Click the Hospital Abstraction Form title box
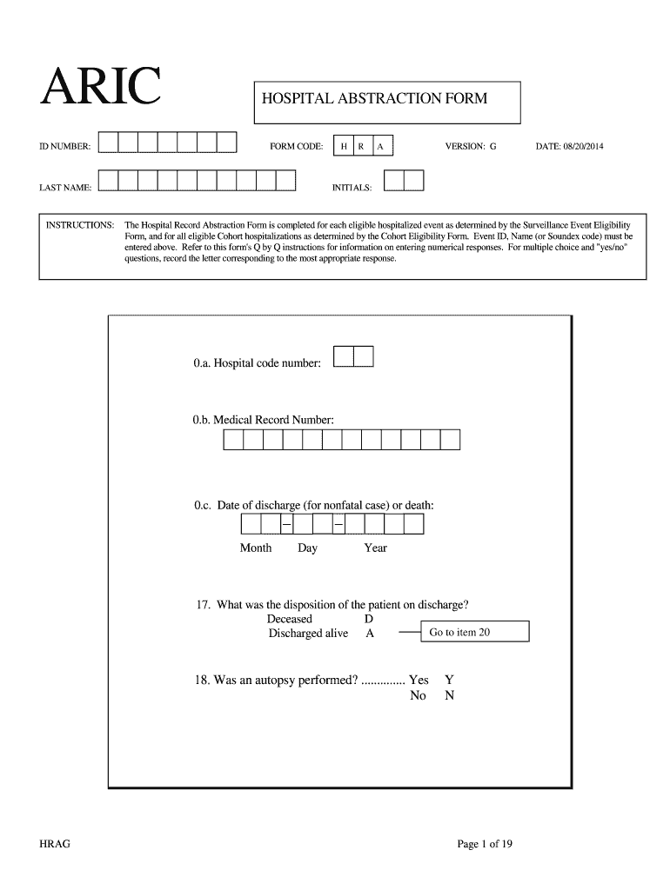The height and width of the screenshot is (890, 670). pyautogui.click(x=385, y=102)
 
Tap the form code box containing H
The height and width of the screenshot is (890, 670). pyautogui.click(x=345, y=146)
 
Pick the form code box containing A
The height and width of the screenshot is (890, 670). pyautogui.click(x=381, y=146)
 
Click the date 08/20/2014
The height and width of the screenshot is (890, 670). pyautogui.click(x=569, y=146)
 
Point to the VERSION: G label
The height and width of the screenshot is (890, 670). pyautogui.click(x=471, y=146)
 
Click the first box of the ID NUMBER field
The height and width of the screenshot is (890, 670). pyautogui.click(x=108, y=143)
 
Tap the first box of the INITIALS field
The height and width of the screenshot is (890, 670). pyautogui.click(x=393, y=181)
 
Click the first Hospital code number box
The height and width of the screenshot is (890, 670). pyautogui.click(x=344, y=356)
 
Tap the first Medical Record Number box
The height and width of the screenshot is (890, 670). pyautogui.click(x=233, y=440)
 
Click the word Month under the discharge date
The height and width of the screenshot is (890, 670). pyautogui.click(x=256, y=548)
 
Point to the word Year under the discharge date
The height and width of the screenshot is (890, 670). pyautogui.click(x=375, y=548)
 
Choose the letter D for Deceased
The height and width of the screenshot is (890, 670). pyautogui.click(x=369, y=619)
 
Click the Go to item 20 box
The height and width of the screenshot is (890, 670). pyautogui.click(x=475, y=632)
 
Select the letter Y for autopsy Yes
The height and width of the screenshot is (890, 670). pyautogui.click(x=449, y=680)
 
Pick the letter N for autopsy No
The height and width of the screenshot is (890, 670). pyautogui.click(x=449, y=695)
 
